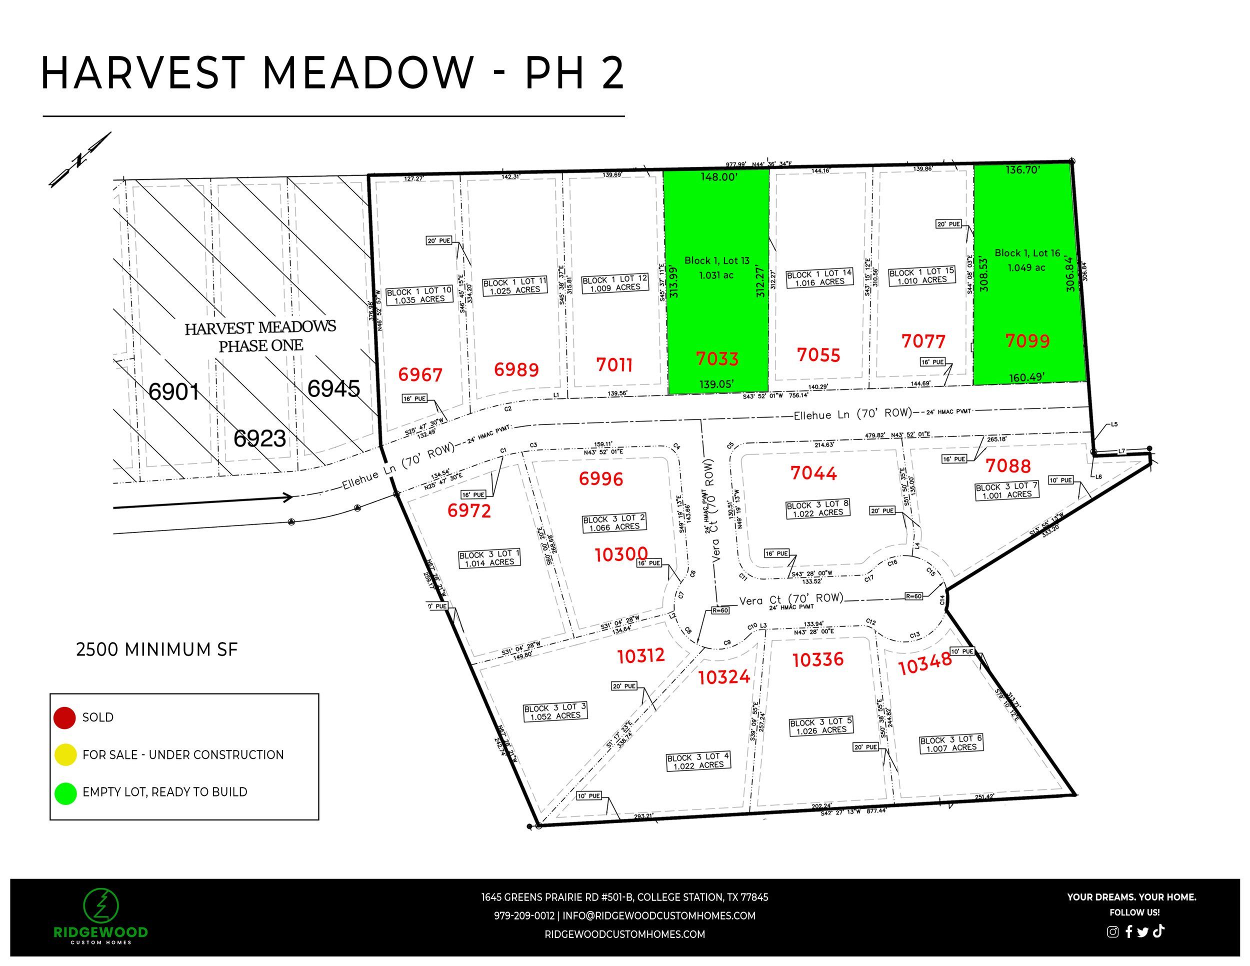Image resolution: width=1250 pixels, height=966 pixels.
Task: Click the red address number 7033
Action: point(716,359)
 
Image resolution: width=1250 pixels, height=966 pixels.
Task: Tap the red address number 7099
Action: point(1027,341)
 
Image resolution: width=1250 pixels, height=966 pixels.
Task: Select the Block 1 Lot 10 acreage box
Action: point(419,295)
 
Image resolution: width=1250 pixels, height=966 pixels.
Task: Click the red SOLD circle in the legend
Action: point(64,717)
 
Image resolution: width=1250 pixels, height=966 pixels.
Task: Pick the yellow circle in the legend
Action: point(65,754)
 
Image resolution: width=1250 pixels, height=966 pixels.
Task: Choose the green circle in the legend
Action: point(65,793)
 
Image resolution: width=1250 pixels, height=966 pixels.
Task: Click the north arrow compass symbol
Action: point(80,159)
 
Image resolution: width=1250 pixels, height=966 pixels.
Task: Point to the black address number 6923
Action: point(259,438)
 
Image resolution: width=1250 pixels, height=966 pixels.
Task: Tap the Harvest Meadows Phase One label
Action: point(260,336)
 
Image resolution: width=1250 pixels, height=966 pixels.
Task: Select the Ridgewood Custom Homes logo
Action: point(100,916)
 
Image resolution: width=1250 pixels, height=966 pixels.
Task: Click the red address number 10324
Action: point(723,677)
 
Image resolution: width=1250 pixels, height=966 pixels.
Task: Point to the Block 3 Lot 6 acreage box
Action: point(950,743)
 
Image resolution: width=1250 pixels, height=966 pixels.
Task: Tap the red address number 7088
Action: point(1008,466)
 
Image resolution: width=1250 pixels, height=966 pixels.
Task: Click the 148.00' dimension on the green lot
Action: point(719,177)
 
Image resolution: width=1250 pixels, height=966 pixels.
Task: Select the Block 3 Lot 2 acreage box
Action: point(613,522)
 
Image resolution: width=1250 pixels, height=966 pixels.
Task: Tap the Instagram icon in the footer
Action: point(1112,931)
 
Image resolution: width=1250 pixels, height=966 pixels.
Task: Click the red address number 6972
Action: point(469,510)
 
